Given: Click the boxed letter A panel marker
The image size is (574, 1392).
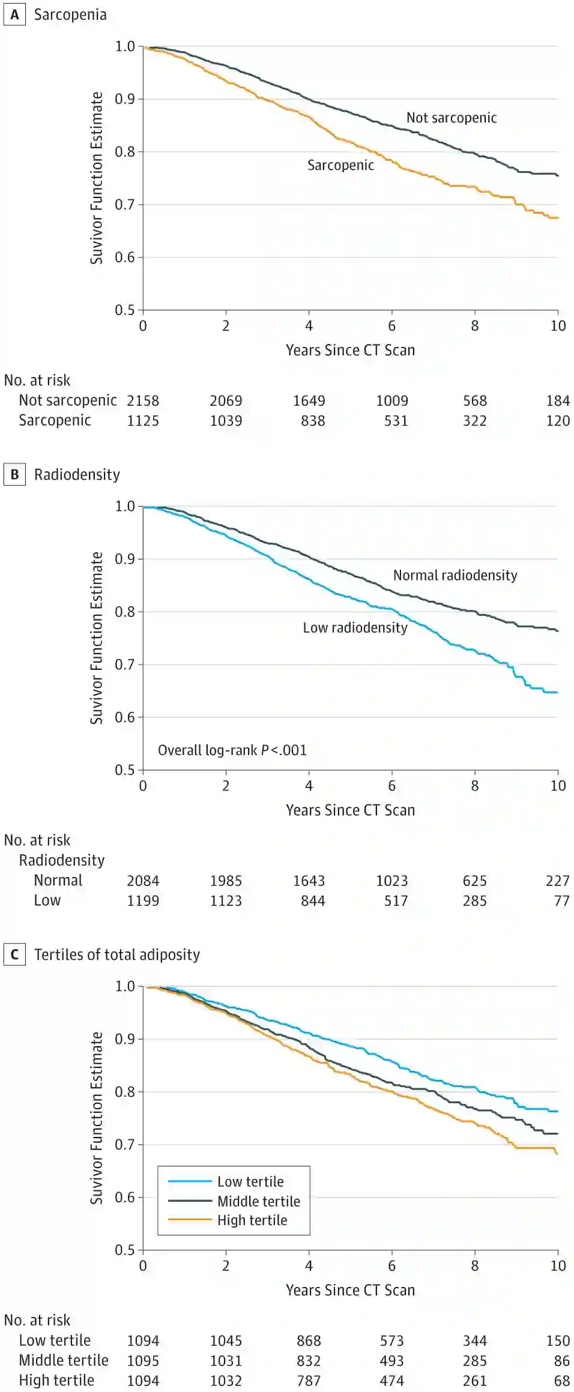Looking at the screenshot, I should point(14,14).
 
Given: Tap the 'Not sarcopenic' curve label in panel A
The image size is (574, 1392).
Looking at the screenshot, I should point(452,118).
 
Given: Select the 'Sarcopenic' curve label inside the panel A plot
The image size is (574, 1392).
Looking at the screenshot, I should point(340,165).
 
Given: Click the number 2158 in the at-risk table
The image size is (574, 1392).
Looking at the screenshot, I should point(143,400).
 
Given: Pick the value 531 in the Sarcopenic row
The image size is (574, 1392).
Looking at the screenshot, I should point(396,421).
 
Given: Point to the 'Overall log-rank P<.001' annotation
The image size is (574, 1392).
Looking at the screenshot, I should point(232,750).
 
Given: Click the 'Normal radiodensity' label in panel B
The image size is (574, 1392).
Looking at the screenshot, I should point(455,575).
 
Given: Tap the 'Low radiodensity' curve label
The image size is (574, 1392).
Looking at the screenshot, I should point(355,628).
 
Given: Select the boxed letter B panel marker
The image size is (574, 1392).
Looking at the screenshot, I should point(14,475).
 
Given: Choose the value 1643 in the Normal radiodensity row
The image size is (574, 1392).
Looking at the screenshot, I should point(309,881).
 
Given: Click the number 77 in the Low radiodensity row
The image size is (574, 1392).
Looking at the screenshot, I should point(561,900).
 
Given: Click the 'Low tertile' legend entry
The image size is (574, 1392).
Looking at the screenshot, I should point(250,1181).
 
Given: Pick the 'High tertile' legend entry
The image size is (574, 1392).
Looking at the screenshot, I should point(252,1220).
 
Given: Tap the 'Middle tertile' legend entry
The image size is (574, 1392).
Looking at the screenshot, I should point(259,1201).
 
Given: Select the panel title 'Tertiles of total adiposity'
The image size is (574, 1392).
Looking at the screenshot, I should point(117,954).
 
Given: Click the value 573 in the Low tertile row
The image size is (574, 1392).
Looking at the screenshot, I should point(392,1340).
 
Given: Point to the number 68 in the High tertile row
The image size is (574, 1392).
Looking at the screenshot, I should point(561,1381).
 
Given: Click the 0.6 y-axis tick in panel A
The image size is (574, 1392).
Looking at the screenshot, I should point(125,258).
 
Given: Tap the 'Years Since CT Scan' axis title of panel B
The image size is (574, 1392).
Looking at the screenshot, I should point(350,810).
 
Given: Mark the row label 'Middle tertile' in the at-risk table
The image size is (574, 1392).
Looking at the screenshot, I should point(64,1360).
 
